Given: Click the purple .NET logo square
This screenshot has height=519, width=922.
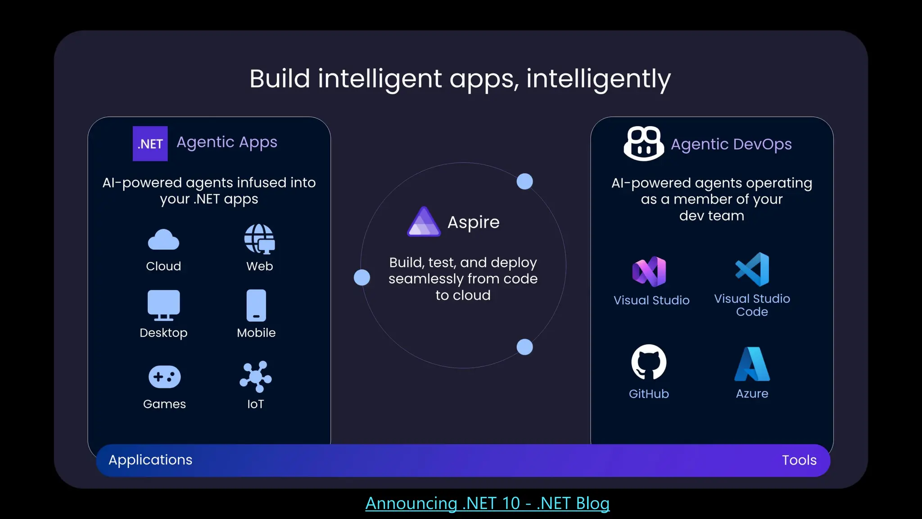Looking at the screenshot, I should click(150, 144).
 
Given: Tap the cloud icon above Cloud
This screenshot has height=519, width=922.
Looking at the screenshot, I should click(163, 240).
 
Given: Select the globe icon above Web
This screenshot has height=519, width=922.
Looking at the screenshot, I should click(259, 239).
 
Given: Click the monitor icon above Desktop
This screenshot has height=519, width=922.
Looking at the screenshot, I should click(163, 305).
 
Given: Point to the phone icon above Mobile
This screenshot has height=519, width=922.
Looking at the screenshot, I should click(256, 305).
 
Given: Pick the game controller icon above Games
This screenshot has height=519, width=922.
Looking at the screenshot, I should click(164, 377).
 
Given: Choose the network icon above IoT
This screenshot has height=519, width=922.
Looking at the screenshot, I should click(255, 377).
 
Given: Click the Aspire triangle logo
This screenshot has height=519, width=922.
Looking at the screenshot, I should click(424, 222).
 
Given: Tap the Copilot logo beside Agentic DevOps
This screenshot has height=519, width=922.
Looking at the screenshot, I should click(644, 144).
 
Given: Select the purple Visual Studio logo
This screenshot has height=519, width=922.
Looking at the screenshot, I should click(649, 272).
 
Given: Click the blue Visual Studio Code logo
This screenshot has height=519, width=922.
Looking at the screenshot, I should click(752, 269).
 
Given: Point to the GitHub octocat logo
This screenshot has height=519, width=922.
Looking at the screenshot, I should click(649, 362).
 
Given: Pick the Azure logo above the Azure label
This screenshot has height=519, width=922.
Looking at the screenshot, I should click(752, 364).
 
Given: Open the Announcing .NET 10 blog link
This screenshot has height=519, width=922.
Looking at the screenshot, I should click(487, 503).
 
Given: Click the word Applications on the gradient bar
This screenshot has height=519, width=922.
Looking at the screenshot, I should click(150, 460).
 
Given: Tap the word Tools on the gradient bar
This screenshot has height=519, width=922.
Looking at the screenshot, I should click(799, 460).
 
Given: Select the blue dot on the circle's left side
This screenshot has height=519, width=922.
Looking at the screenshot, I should click(362, 278).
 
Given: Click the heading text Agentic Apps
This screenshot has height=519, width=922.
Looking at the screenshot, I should click(227, 142).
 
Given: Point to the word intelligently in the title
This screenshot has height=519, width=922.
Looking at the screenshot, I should click(598, 79).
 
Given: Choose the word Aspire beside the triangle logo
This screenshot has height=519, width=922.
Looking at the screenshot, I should click(474, 223).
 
